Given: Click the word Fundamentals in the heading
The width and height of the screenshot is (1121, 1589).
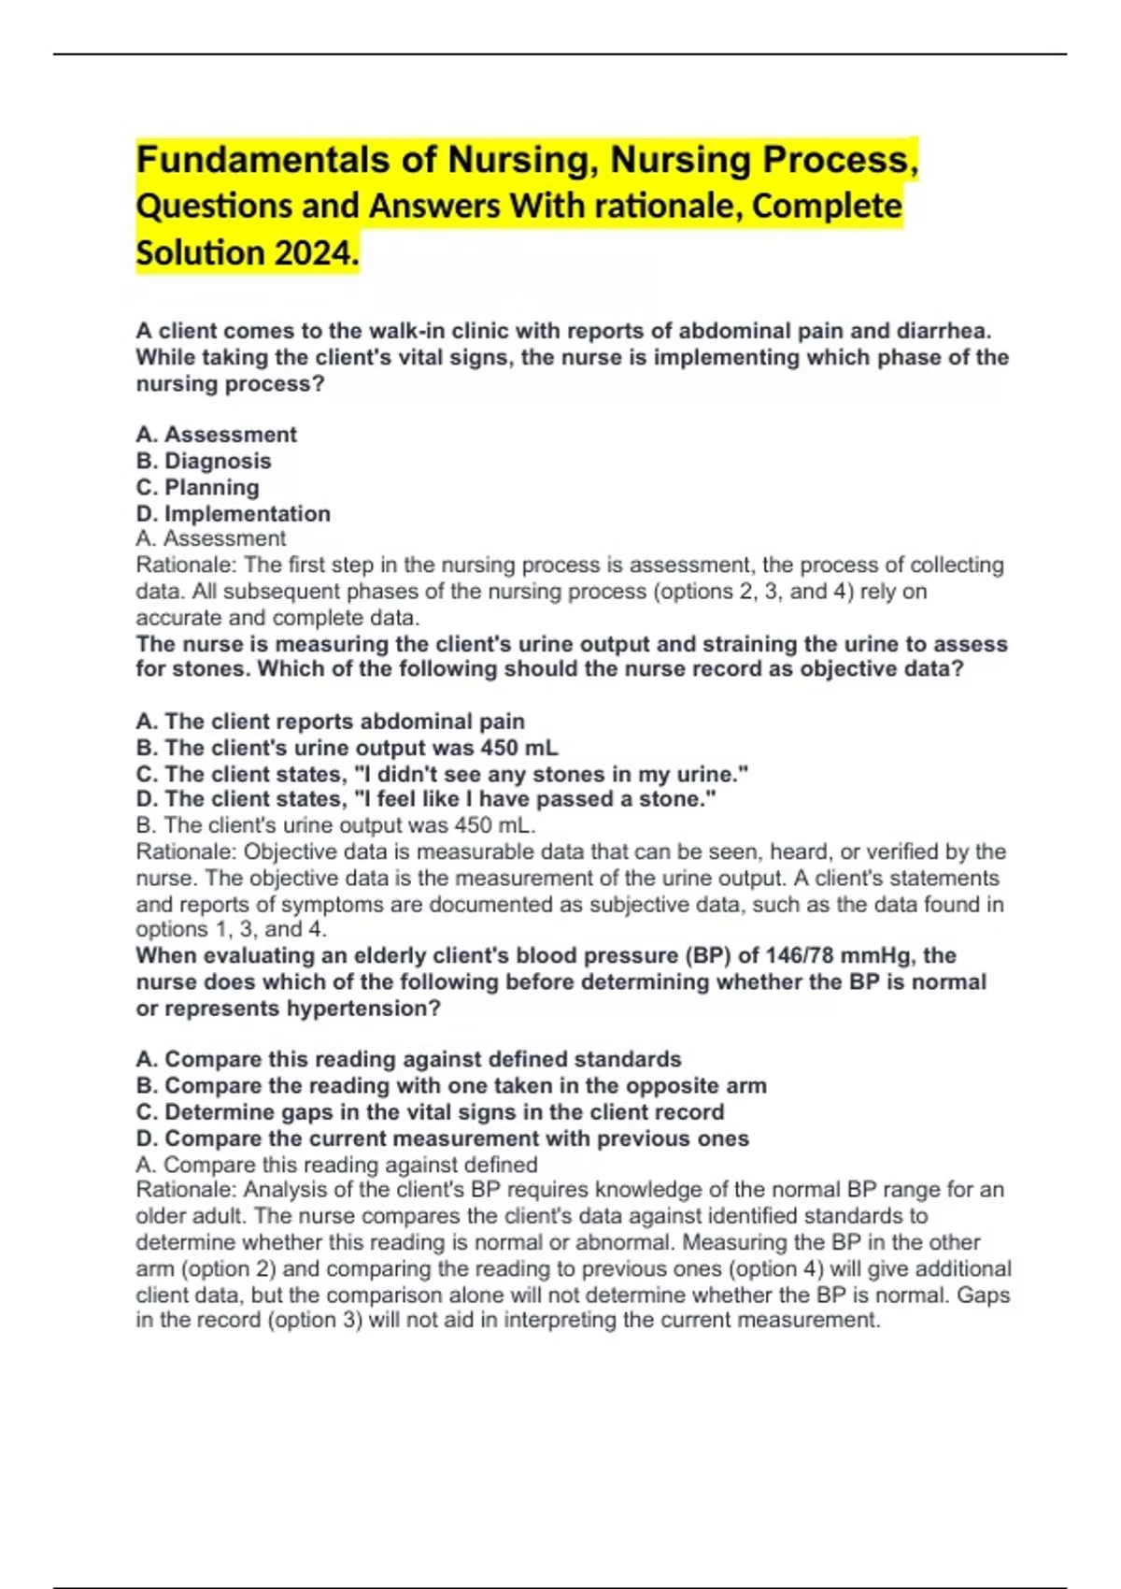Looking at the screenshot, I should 262,160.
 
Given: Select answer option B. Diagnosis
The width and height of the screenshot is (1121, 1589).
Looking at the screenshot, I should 204,461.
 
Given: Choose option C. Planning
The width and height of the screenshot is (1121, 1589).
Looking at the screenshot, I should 197,487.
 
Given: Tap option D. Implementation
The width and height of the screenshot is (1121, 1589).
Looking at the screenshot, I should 233,513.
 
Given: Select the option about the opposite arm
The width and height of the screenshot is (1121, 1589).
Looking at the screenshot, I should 451,1085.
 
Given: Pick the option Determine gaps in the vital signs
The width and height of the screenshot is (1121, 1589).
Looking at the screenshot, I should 430,1111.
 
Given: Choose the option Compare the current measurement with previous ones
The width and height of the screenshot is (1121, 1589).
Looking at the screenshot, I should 442,1138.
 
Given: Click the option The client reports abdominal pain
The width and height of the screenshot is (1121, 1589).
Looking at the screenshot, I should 330,722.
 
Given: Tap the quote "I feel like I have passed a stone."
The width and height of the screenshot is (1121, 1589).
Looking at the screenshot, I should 546,799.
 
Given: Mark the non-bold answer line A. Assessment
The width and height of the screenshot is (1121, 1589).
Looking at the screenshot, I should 211,538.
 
